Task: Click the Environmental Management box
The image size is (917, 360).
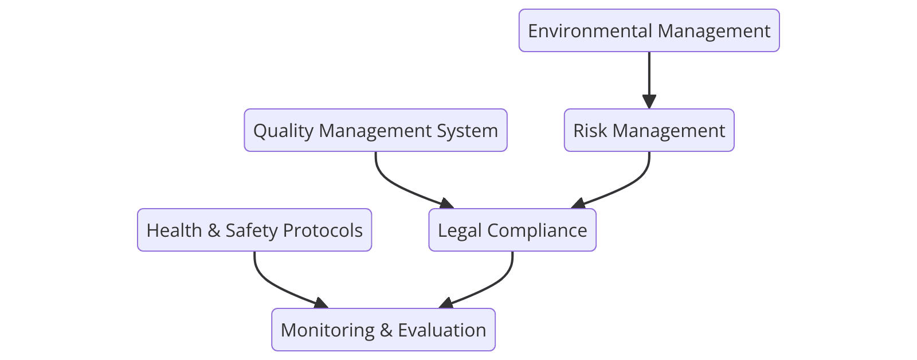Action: pyautogui.click(x=649, y=30)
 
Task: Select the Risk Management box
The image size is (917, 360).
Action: pyautogui.click(x=649, y=130)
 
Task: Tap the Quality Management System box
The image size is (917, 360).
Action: pyautogui.click(x=375, y=130)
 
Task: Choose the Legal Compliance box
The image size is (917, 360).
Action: pyautogui.click(x=512, y=230)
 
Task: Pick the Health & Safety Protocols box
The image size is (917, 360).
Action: pyautogui.click(x=254, y=230)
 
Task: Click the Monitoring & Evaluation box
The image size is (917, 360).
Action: pyautogui.click(x=383, y=330)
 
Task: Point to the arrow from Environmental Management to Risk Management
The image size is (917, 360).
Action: pyautogui.click(x=649, y=77)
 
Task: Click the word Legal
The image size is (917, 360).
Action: pyautogui.click(x=460, y=230)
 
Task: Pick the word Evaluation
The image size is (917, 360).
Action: pyautogui.click(x=442, y=330)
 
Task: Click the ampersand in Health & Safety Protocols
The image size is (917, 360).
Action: pyautogui.click(x=214, y=230)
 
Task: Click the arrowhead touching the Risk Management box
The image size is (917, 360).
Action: pyautogui.click(x=649, y=102)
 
